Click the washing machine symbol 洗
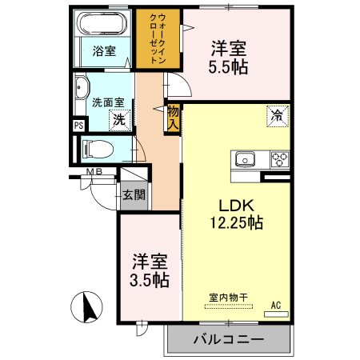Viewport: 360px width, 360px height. pyautogui.click(x=118, y=121)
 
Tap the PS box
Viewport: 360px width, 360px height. pyautogui.click(x=78, y=126)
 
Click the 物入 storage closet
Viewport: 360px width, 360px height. pyautogui.click(x=173, y=118)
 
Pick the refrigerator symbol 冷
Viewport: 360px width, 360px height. pyautogui.click(x=277, y=115)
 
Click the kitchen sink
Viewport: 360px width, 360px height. pyautogui.click(x=244, y=158)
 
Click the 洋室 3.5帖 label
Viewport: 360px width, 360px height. pyautogui.click(x=150, y=270)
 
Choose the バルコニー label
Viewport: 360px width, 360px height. pyautogui.click(x=228, y=339)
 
